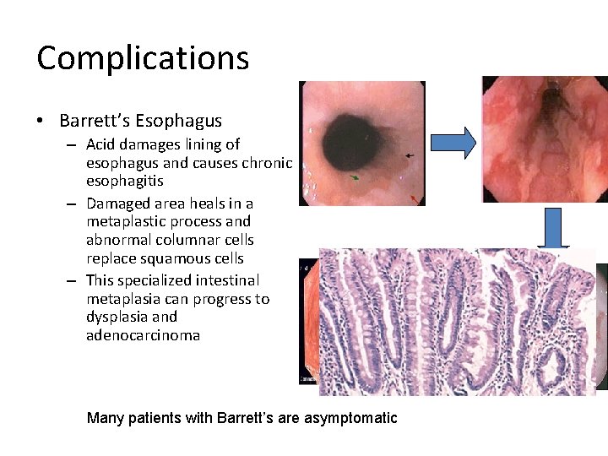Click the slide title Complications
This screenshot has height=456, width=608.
click(x=143, y=58)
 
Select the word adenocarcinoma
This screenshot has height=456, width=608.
click(x=143, y=335)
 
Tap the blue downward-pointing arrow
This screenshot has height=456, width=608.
click(x=554, y=229)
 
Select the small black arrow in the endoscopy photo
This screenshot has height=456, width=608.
click(x=410, y=156)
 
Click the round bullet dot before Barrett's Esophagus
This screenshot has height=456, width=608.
click(x=41, y=120)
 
